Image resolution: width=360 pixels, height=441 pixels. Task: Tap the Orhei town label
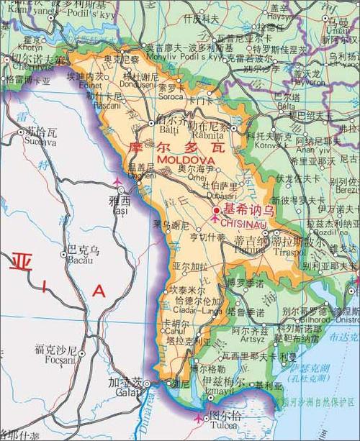189,176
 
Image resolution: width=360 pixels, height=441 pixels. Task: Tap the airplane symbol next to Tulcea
199,417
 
